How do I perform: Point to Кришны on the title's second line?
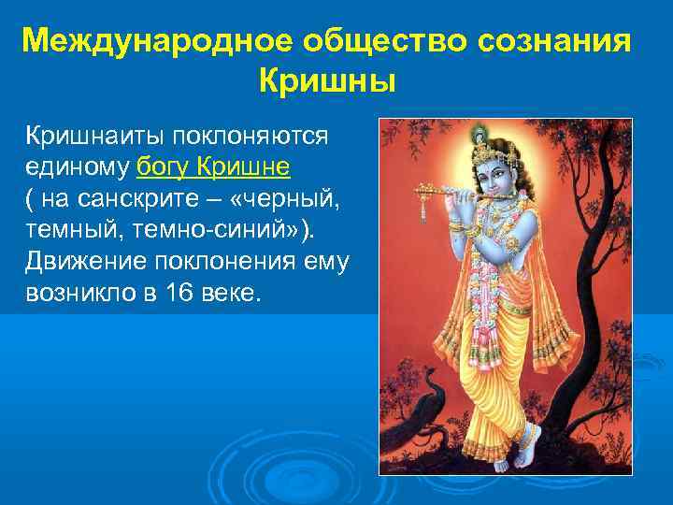327,81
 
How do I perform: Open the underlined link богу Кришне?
213,167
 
